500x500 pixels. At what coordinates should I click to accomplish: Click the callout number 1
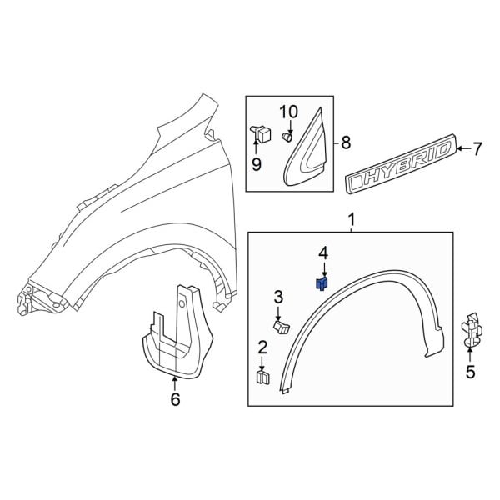(351, 219)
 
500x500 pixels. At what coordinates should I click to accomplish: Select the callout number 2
(262, 347)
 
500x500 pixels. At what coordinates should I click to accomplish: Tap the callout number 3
(278, 297)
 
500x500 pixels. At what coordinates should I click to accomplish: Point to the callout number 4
(322, 252)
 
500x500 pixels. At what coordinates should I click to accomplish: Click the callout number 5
(471, 372)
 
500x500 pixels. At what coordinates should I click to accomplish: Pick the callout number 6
(174, 399)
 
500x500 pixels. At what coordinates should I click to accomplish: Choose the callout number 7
(477, 150)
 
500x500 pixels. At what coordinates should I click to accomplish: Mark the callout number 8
(347, 142)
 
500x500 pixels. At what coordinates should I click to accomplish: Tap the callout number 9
(257, 164)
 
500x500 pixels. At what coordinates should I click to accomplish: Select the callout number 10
(287, 112)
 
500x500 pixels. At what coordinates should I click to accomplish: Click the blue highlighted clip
(322, 284)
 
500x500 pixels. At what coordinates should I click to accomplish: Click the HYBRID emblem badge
(400, 167)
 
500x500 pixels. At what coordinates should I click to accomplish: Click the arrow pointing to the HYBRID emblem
(462, 150)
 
